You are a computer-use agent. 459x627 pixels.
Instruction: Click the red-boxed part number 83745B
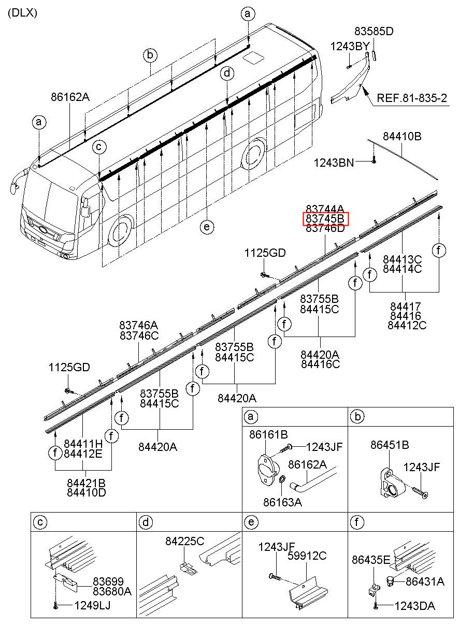tap(325, 218)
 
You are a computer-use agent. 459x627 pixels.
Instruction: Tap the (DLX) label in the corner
tap(22, 13)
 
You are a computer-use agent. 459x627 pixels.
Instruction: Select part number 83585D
tap(374, 31)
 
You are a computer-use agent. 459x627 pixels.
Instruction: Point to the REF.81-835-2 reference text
tap(412, 98)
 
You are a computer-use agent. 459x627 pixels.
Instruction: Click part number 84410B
tap(402, 136)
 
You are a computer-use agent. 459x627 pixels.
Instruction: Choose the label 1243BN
tap(334, 163)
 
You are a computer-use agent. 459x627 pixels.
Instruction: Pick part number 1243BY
tap(350, 46)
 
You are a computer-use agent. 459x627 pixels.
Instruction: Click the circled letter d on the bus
tap(227, 74)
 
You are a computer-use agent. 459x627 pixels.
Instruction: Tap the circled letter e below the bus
tap(207, 227)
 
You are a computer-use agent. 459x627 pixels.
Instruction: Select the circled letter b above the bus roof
tap(150, 55)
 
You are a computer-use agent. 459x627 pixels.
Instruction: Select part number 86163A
tap(282, 502)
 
